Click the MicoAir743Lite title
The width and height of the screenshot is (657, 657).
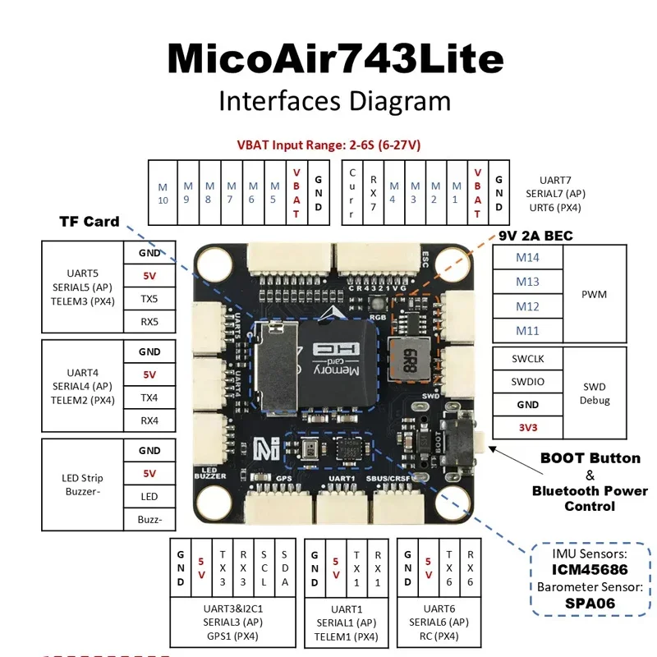click(335, 59)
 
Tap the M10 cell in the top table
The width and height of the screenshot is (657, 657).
click(163, 193)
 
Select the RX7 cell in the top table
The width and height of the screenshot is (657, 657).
click(374, 193)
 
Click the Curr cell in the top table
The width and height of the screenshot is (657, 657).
click(352, 193)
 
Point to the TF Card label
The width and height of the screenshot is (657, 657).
click(90, 222)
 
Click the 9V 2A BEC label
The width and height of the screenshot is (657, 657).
click(535, 235)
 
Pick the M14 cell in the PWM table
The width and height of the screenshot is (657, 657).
click(528, 257)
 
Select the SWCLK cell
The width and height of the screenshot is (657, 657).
click(528, 359)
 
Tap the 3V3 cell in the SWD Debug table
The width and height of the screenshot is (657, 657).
click(528, 427)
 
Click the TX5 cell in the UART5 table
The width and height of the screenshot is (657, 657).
click(149, 299)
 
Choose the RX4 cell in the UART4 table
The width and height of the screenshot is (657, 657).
click(149, 420)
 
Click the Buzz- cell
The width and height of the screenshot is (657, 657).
click(149, 519)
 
